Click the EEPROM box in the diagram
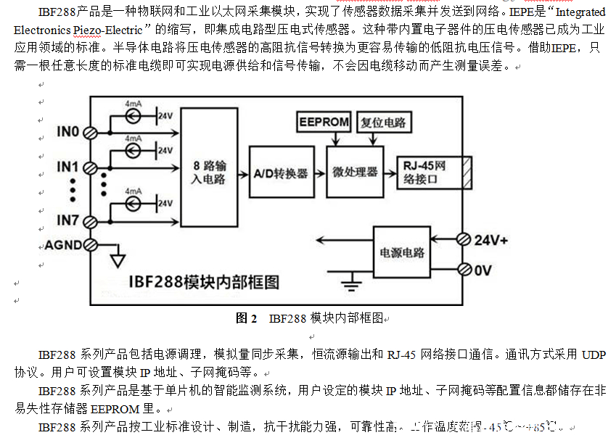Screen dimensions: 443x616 (324, 122)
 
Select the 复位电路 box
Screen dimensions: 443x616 (383, 122)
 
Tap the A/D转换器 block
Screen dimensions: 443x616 (280, 173)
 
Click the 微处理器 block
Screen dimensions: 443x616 (355, 172)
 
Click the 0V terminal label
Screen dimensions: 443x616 (483, 270)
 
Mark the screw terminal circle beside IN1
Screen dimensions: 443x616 (91, 167)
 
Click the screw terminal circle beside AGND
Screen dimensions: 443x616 (91, 245)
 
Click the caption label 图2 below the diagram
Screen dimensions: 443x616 (247, 318)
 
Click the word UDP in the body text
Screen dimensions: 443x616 (593, 355)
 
